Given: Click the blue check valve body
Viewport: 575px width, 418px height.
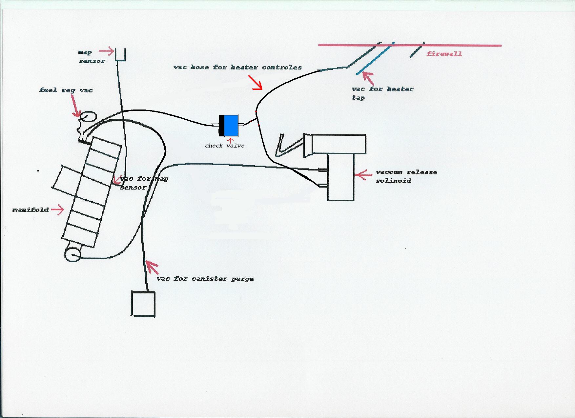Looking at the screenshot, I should click(x=231, y=125).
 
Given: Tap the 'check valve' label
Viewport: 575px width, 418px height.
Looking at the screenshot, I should click(x=225, y=146).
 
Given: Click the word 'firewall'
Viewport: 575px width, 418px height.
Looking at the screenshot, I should click(x=444, y=54).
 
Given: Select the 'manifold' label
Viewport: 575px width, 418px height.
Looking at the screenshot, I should click(x=31, y=210).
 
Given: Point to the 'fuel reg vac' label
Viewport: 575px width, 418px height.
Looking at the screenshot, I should click(x=66, y=90).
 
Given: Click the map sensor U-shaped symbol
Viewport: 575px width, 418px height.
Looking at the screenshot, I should click(x=120, y=54).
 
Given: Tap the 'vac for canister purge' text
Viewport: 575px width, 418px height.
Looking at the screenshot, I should click(x=205, y=279).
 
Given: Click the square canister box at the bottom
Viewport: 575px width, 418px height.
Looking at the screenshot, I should click(x=143, y=304).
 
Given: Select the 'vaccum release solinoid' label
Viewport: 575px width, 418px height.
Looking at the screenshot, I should click(x=406, y=176).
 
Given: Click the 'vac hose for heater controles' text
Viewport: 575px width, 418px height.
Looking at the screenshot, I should click(x=237, y=67).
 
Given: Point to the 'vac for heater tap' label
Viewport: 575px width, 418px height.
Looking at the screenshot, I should click(x=382, y=93).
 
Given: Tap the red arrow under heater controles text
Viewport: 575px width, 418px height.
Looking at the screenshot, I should click(x=256, y=83).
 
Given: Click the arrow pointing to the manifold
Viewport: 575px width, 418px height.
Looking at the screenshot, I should click(x=58, y=210).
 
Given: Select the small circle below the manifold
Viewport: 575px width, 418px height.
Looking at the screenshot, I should click(x=72, y=254).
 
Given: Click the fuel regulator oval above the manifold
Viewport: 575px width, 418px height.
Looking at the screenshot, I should click(x=88, y=117).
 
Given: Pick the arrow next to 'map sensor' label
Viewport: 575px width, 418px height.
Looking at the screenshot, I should click(x=106, y=51).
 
